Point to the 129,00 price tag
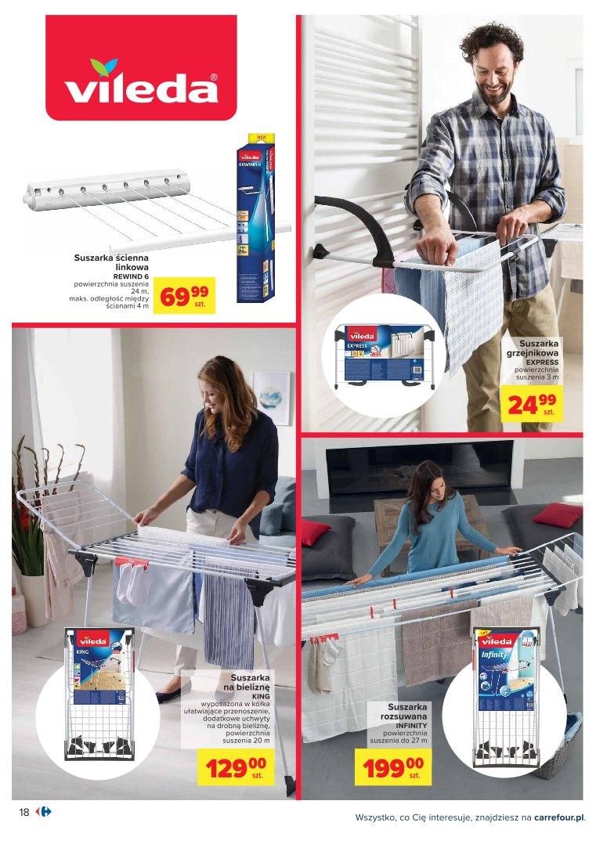pos(236,766)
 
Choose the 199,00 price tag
pos(392,766)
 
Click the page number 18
pos(23,813)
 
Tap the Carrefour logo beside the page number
pos(44,813)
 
